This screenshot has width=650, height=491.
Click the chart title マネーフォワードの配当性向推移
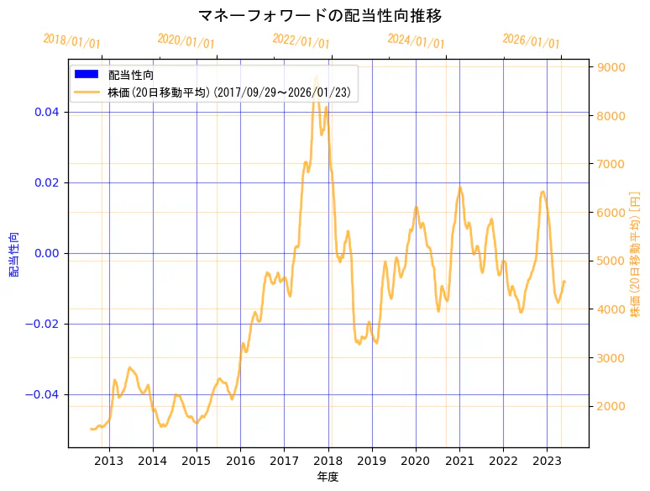coord(320,16)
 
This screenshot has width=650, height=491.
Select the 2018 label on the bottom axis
coord(328,460)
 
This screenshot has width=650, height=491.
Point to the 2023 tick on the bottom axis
coord(547,460)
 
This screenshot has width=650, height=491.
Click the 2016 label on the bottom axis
coord(240,460)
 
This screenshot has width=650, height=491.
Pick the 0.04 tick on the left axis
coord(48,112)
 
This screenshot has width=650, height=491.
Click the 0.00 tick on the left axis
coord(48,253)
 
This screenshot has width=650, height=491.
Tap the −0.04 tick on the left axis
coord(45,394)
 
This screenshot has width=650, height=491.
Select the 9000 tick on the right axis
coord(609,67)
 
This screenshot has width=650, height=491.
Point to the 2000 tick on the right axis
coord(609,406)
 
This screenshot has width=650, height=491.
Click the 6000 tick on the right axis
coord(609,213)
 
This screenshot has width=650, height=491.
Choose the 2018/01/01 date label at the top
coord(71,41)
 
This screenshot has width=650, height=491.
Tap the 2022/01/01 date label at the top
coord(301,41)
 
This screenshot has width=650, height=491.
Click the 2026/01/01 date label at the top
coord(531,42)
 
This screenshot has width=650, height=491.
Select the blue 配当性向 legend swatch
coord(86,75)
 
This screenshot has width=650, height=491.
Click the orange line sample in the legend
coord(86,92)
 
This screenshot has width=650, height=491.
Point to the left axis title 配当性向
coord(14,254)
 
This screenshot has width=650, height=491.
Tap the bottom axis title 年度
coord(328,477)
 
